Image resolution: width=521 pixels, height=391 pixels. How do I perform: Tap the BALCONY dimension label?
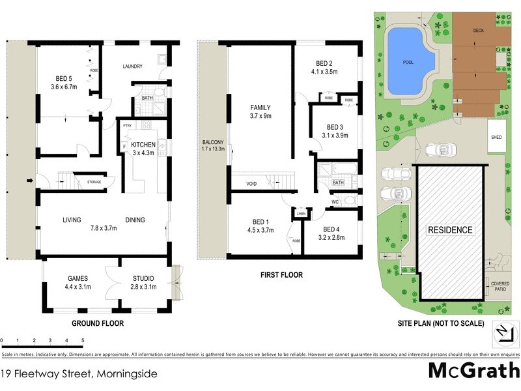pos(213,145)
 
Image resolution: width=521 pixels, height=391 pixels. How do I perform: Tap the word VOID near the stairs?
pos(251,184)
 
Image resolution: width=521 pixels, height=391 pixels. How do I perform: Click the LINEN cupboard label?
pos(301,213)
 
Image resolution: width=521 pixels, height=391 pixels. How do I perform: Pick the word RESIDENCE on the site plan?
pos(449,231)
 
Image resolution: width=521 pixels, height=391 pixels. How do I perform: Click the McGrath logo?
pos(473,370)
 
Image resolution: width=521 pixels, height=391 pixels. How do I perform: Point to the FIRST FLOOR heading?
pos(281,275)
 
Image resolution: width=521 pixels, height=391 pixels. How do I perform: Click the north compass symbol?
pos(502,332)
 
